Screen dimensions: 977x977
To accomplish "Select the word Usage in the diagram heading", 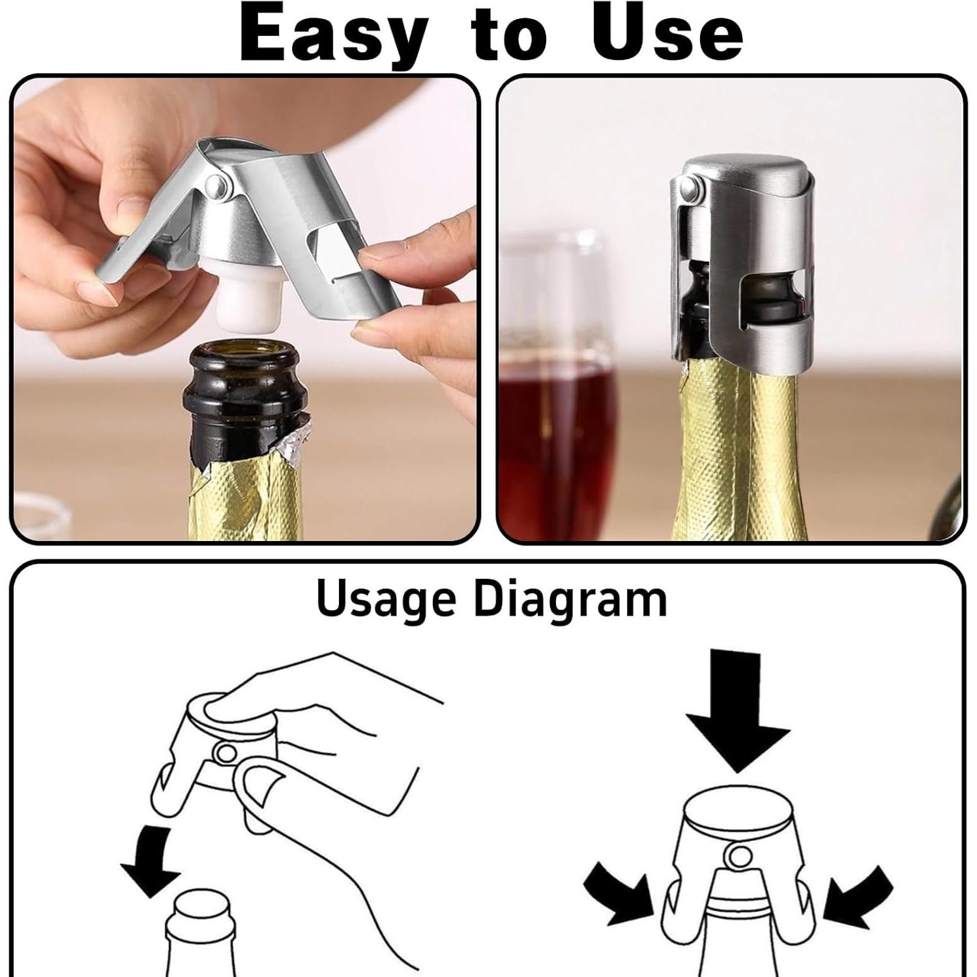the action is tap(386, 600).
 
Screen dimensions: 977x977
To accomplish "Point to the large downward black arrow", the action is tap(737, 710).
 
